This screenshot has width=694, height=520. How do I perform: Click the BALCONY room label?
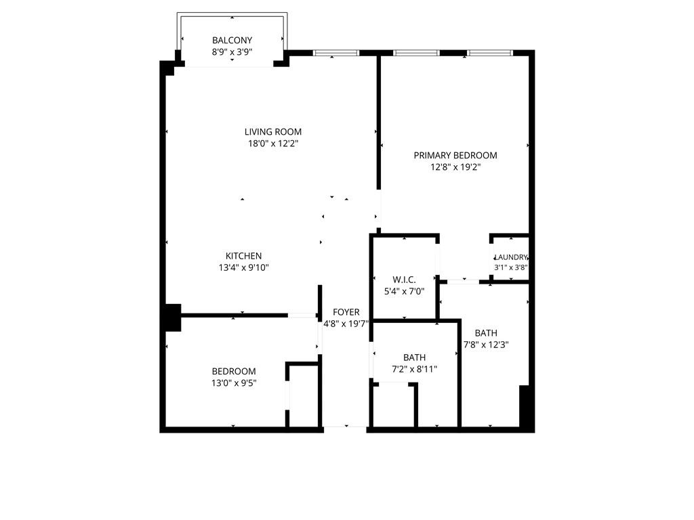(x=232, y=41)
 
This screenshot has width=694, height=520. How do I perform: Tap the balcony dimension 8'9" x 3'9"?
(x=232, y=51)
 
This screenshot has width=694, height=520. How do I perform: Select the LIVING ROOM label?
(x=273, y=132)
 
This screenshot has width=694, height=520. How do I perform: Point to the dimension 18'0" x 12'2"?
(x=273, y=144)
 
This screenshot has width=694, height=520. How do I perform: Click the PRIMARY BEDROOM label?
(x=455, y=155)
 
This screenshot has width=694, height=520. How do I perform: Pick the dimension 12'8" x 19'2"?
(x=455, y=167)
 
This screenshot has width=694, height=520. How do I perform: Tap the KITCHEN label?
(x=243, y=256)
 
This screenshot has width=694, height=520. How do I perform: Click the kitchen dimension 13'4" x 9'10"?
(x=243, y=267)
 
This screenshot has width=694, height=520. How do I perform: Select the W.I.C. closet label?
(x=404, y=280)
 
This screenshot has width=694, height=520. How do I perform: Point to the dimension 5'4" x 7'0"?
(x=404, y=291)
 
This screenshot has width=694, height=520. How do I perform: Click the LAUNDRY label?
(x=510, y=257)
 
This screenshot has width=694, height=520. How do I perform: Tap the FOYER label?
(x=346, y=312)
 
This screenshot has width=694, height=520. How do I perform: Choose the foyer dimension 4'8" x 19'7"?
(x=346, y=324)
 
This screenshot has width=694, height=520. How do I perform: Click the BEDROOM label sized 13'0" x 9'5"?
(x=234, y=371)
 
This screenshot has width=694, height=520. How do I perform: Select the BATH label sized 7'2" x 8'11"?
(x=414, y=357)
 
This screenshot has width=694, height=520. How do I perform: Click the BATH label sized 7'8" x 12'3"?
(x=485, y=332)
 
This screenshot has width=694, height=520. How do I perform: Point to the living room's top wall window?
(x=336, y=53)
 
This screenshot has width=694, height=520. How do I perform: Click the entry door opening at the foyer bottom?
(x=346, y=427)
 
